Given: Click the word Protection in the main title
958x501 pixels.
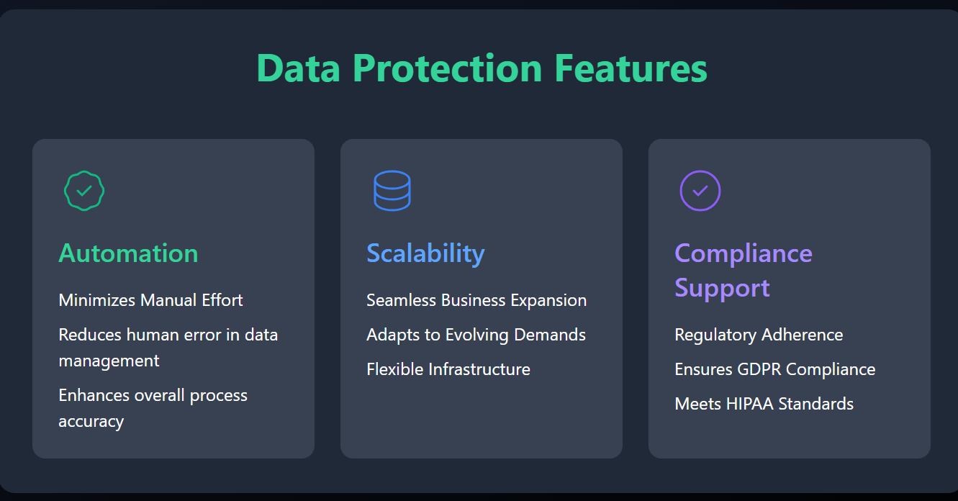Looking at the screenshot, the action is coord(448,68).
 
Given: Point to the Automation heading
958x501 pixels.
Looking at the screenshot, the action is coord(128,253).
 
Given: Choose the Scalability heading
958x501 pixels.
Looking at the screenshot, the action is coord(425,253).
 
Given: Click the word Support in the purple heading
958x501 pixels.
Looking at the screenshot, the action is coord(723,289).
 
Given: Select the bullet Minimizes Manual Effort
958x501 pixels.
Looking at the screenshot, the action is coord(150,300).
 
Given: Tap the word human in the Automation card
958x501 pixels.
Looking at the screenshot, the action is coord(153,335).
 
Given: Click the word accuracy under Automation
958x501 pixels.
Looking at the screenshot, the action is coord(91,422).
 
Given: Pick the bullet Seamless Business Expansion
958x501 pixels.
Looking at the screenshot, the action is coord(476,300).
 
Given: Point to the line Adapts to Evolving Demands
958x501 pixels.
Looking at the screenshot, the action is coord(476,335).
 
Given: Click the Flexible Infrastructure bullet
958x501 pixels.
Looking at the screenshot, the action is coord(448,369).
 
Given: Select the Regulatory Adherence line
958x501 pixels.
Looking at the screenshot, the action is coord(759,335).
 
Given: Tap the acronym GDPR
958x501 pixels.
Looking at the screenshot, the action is coord(759,369).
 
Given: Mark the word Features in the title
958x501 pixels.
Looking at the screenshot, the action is coord(631,68).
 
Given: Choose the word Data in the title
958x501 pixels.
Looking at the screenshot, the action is coord(299,68).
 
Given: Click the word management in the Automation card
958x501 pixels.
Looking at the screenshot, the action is coord(109,361).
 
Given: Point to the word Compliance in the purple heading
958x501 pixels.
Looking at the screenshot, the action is coord(744,253).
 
